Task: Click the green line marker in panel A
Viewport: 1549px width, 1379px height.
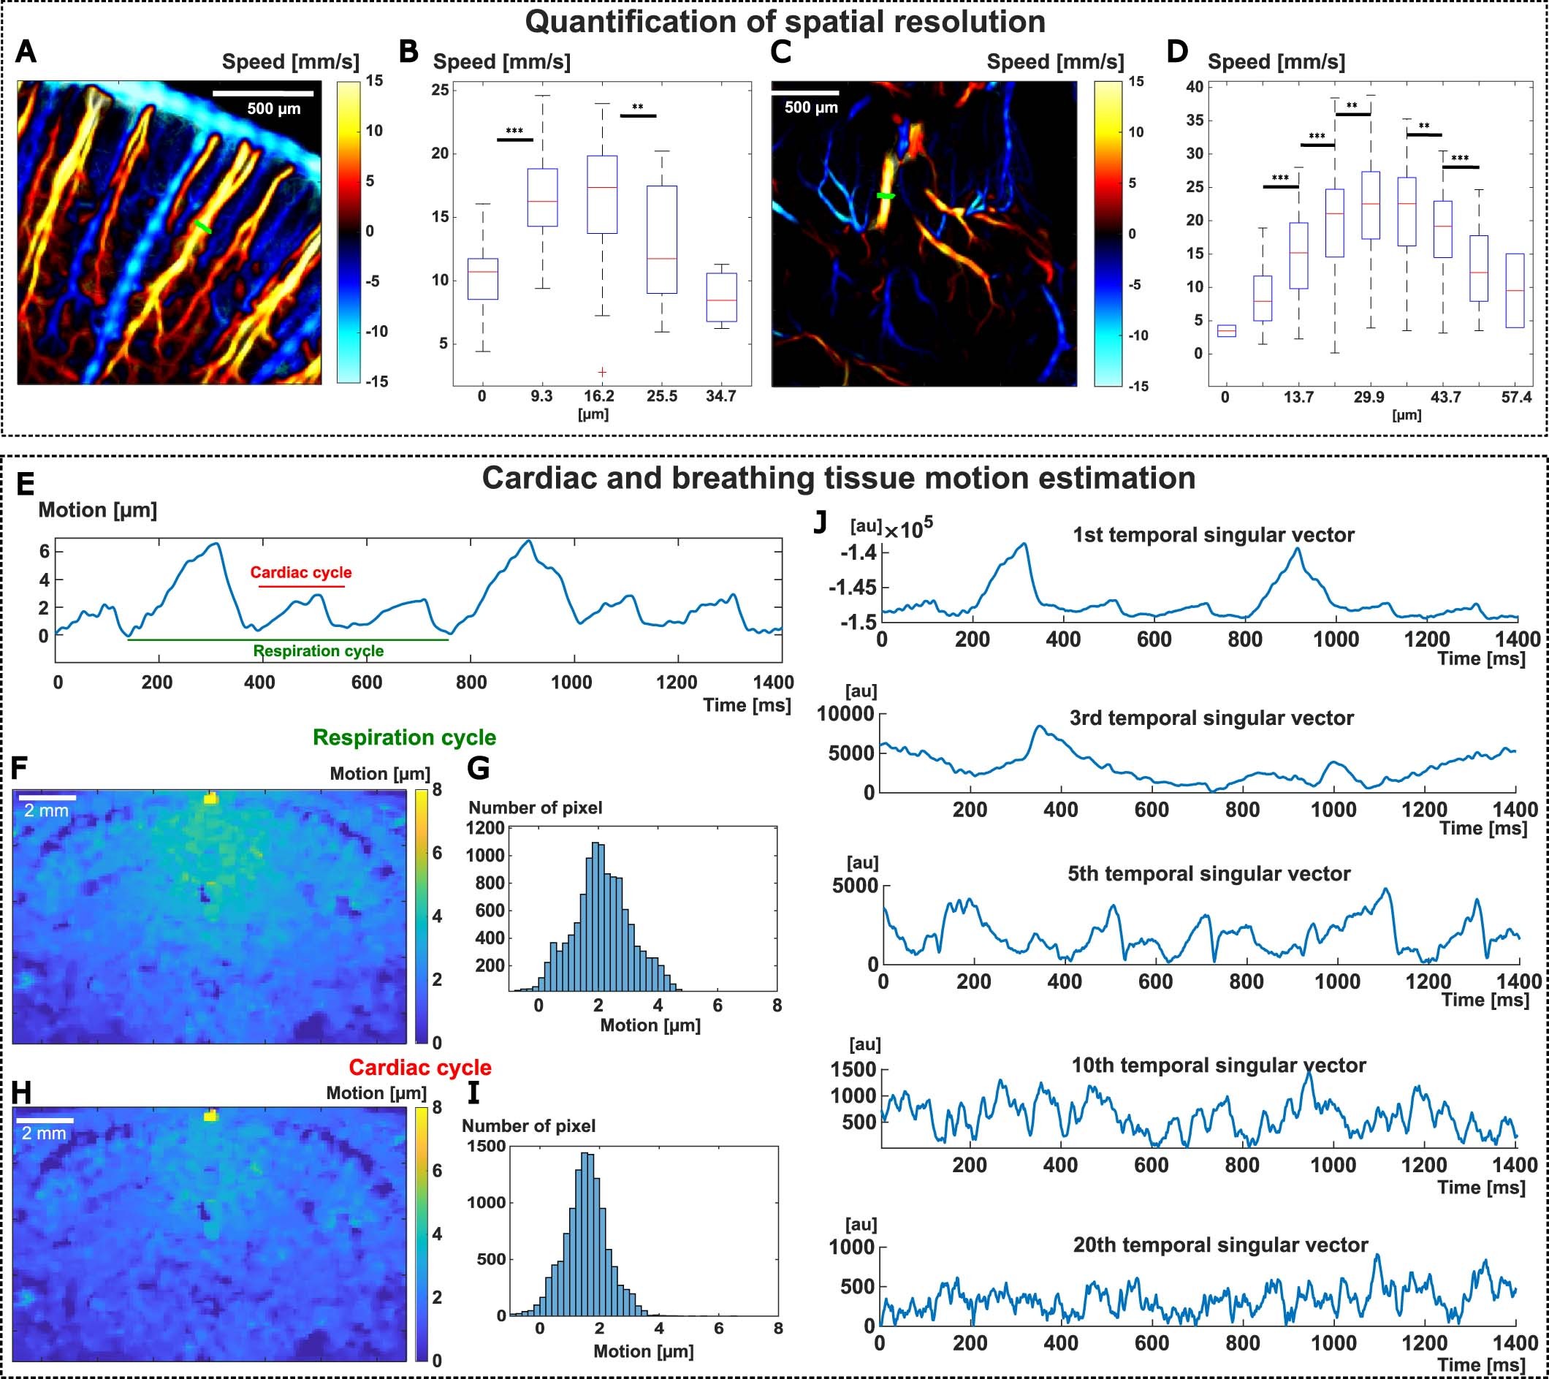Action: pos(202,227)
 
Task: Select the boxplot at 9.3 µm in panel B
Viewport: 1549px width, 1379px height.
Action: pos(542,197)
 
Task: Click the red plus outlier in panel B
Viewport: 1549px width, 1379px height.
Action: pos(602,371)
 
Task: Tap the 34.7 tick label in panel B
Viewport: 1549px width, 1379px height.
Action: pos(720,396)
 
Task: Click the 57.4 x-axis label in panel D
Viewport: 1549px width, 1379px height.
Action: pos(1515,398)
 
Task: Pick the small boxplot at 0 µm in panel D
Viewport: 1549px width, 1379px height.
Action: pos(1226,330)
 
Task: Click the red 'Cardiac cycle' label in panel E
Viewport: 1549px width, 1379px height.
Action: pos(301,572)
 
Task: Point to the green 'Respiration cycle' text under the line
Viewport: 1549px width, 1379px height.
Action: pos(319,650)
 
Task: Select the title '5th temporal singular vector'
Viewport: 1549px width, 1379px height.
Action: pos(1209,873)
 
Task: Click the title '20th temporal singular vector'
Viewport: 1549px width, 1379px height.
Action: pos(1220,1244)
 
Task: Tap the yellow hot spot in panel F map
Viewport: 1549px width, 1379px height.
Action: pos(210,797)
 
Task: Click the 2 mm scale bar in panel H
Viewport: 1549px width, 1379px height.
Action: pos(45,1119)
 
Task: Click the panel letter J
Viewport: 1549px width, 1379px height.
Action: pos(820,523)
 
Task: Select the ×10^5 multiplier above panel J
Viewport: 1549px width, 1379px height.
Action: pos(908,529)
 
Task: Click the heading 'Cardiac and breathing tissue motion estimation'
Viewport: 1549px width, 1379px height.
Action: pos(838,479)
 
